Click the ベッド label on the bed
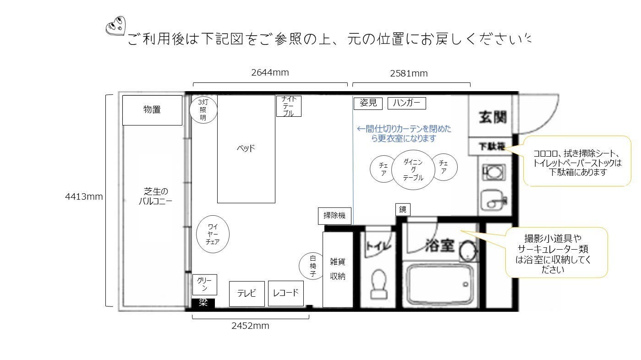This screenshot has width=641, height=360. pos(246,148)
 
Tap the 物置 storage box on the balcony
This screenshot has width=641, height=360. pos(152,110)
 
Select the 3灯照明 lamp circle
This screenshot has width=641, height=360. pos(203,110)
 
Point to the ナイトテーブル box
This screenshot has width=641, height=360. pos(289,106)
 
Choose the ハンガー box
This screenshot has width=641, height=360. pos(406,103)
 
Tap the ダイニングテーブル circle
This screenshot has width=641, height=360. pos(413,170)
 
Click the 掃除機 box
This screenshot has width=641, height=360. pos(334,216)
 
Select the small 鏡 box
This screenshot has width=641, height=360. pos(403,209)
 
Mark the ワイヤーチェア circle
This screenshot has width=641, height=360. pos(212,235)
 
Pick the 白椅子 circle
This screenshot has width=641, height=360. pos(313,266)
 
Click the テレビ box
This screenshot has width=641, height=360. pos(247,294)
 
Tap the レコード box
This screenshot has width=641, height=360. pos(286,293)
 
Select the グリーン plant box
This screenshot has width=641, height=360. pos(204,284)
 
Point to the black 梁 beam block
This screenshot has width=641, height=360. pos(203,303)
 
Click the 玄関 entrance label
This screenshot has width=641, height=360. pos(493,117)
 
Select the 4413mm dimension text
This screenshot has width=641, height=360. pos(84,197)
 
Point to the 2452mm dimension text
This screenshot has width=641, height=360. pos(250,326)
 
